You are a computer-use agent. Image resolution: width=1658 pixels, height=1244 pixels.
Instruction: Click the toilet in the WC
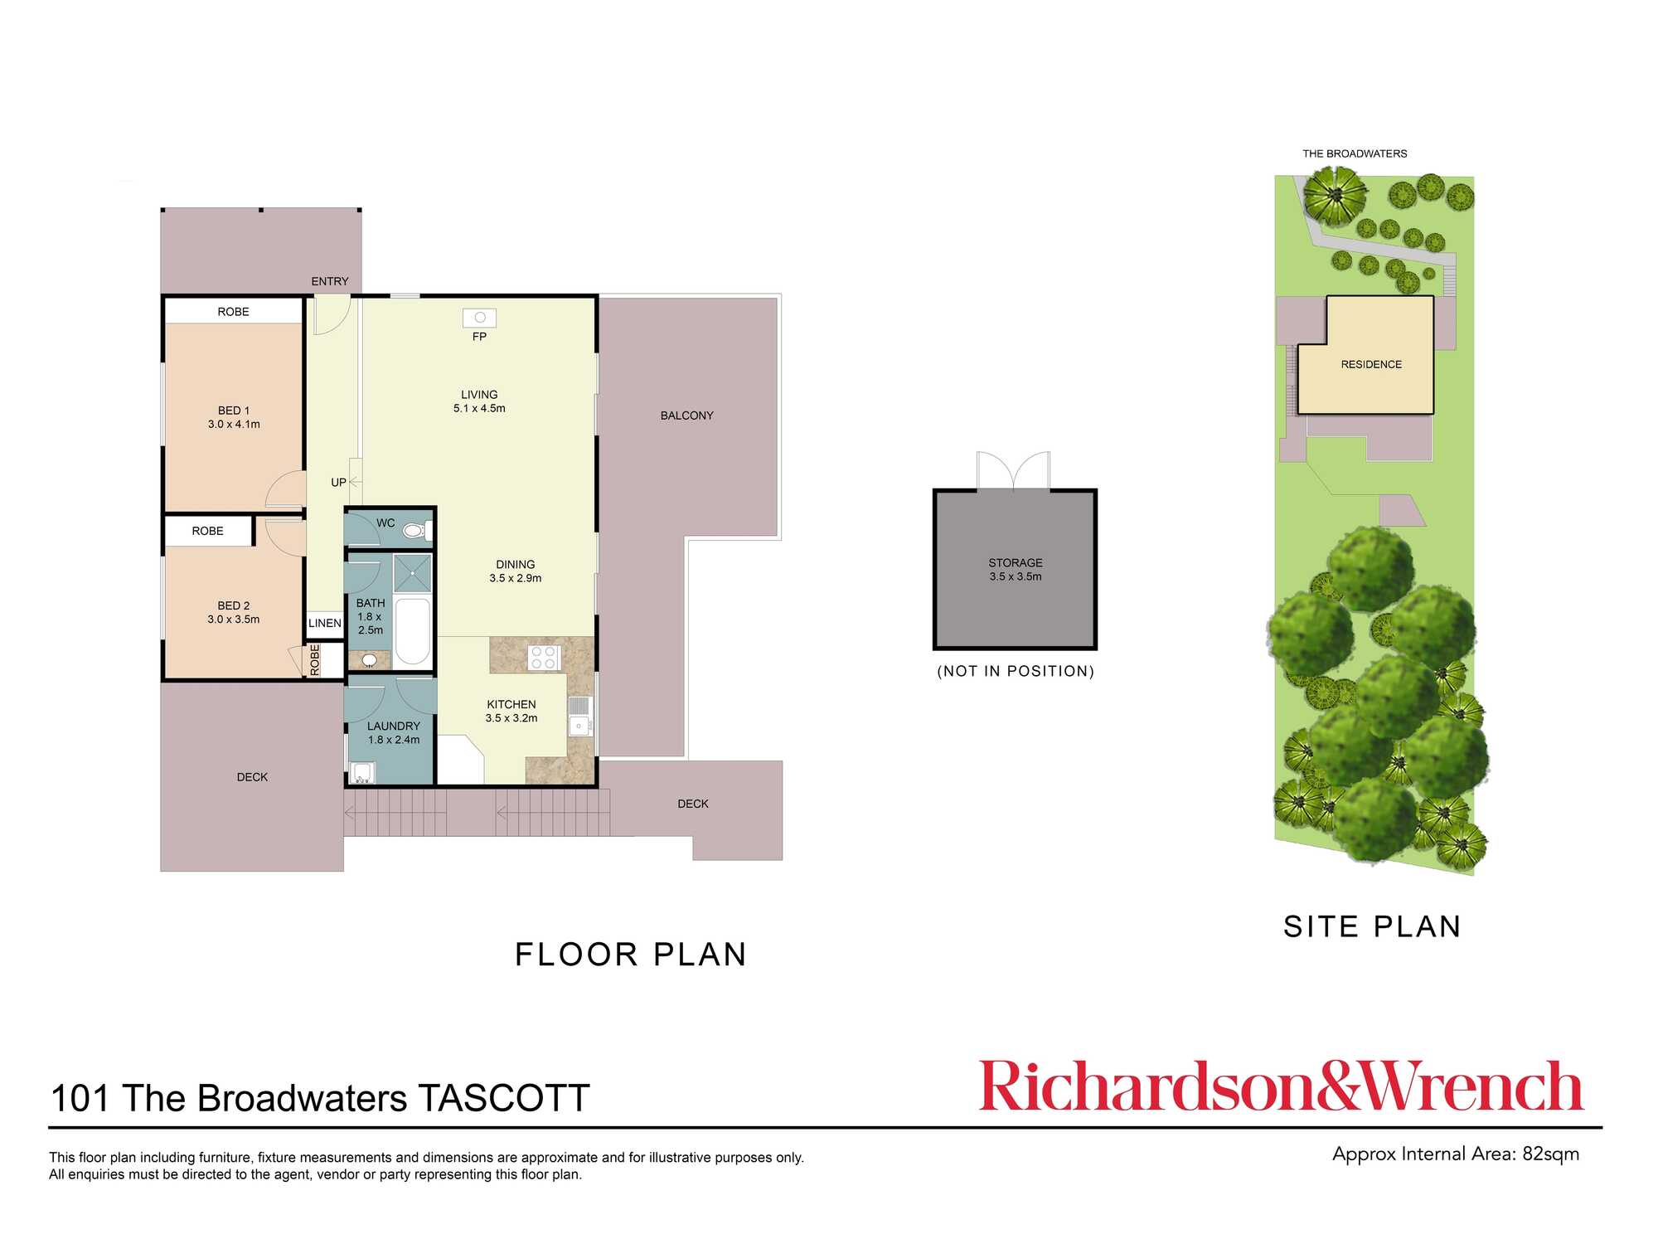click(x=414, y=530)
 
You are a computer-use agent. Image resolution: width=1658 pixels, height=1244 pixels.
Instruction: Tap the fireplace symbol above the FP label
click(x=480, y=318)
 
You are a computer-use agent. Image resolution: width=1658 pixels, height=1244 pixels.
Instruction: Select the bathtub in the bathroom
click(x=413, y=630)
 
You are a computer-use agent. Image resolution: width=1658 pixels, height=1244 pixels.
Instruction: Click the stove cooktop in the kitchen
click(x=544, y=658)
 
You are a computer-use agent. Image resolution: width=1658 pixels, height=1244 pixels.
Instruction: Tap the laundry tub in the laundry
click(x=362, y=772)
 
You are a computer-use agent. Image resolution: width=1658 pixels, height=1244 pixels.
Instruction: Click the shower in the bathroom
click(x=413, y=573)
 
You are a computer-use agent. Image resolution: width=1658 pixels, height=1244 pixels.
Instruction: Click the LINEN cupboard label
click(x=325, y=623)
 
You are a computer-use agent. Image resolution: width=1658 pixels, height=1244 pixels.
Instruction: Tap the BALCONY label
click(x=686, y=415)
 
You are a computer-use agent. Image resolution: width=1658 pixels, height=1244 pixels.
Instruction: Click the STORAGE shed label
click(x=1016, y=563)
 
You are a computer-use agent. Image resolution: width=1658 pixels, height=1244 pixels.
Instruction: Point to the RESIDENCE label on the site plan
click(x=1371, y=364)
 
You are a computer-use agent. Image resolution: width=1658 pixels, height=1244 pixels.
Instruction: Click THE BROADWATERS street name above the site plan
click(x=1355, y=153)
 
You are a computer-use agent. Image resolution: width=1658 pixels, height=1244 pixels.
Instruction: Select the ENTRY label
click(x=330, y=281)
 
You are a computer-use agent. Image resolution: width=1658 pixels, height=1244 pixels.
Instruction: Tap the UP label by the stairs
click(x=338, y=482)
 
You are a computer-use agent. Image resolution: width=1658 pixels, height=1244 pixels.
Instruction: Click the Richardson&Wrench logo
click(x=1282, y=1086)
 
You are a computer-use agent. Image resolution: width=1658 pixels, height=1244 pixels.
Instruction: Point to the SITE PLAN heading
click(x=1372, y=926)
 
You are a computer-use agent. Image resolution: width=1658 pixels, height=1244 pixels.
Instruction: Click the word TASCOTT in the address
click(x=504, y=1098)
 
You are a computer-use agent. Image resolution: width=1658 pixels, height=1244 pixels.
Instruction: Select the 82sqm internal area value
click(x=1550, y=1154)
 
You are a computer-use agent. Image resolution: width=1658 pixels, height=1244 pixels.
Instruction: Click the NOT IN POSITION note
click(x=1016, y=671)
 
